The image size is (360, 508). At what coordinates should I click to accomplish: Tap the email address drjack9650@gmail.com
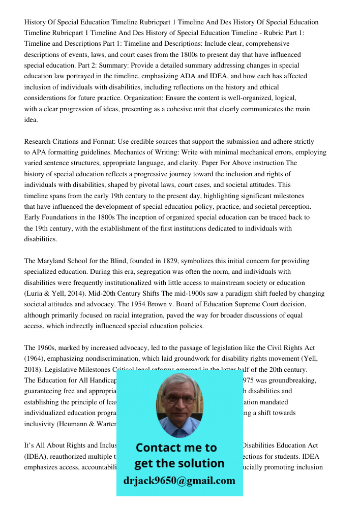pyautogui.click(x=179, y=480)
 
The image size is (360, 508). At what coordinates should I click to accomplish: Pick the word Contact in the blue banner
pyautogui.click(x=161, y=448)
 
